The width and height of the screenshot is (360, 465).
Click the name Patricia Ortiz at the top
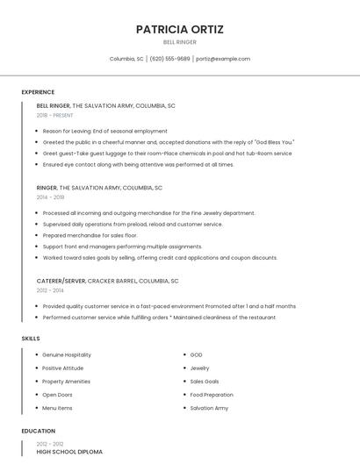(180, 29)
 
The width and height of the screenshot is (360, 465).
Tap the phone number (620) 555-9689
(169, 59)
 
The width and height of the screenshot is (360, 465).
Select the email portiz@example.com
(223, 59)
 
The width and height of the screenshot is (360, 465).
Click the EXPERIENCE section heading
(38, 92)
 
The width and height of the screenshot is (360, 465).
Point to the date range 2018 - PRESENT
(54, 115)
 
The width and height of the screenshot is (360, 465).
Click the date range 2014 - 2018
(50, 197)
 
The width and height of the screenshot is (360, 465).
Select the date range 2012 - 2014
(50, 290)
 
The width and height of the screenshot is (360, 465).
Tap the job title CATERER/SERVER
(61, 281)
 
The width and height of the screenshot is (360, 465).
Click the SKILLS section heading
(30, 338)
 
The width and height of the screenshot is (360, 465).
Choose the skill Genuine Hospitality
(66, 354)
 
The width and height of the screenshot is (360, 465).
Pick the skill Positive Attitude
(62, 368)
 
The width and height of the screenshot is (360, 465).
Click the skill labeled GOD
(196, 354)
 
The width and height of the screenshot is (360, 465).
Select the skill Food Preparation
(212, 395)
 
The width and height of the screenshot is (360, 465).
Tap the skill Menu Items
(57, 408)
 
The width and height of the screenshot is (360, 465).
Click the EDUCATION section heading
(38, 431)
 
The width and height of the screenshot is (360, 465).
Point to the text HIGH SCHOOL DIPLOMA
(69, 452)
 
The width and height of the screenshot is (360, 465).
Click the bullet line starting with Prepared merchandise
(90, 235)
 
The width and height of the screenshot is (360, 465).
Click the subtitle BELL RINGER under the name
(180, 42)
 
